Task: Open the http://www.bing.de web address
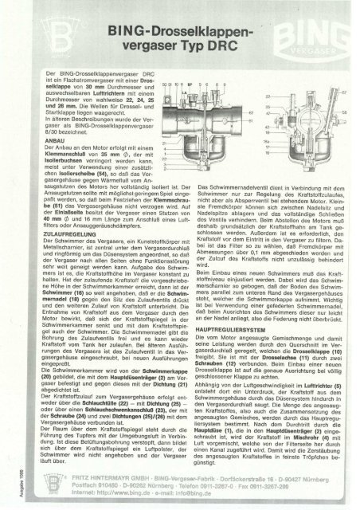pos(112,493)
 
